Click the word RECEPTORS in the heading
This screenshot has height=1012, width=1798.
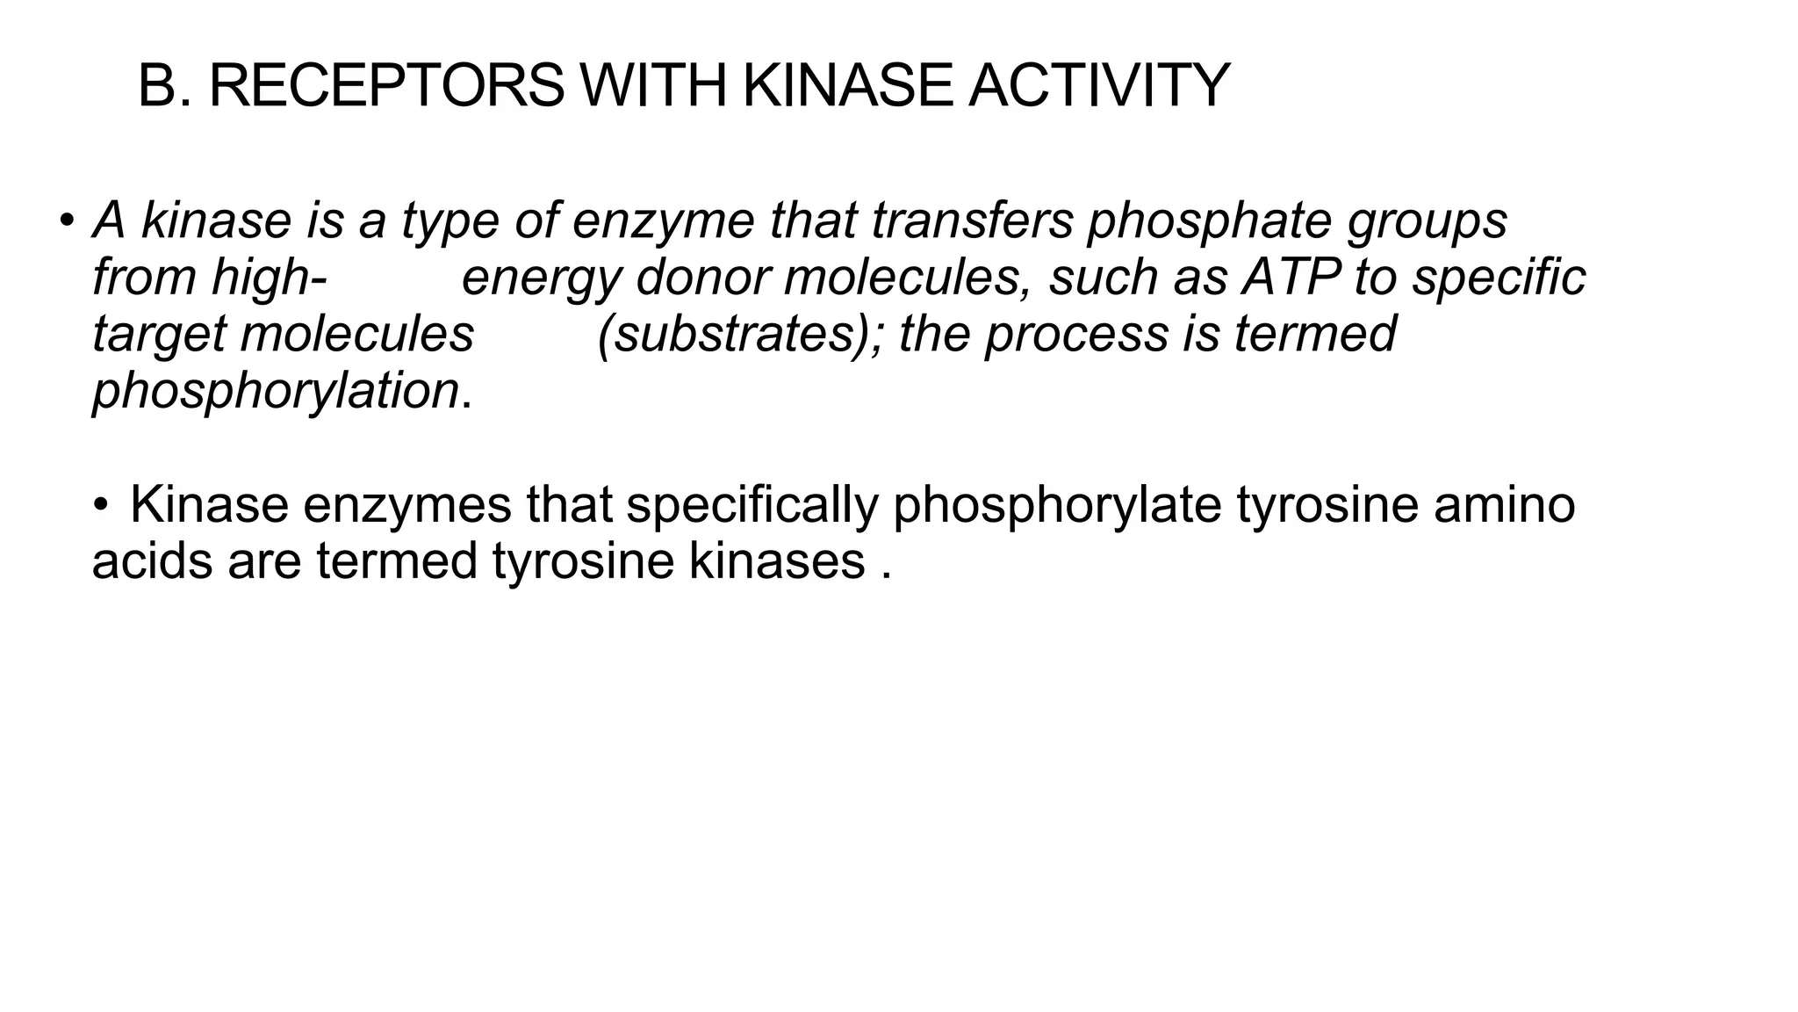point(386,86)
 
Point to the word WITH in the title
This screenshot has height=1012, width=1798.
point(654,86)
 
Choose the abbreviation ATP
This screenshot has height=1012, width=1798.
point(1290,278)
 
